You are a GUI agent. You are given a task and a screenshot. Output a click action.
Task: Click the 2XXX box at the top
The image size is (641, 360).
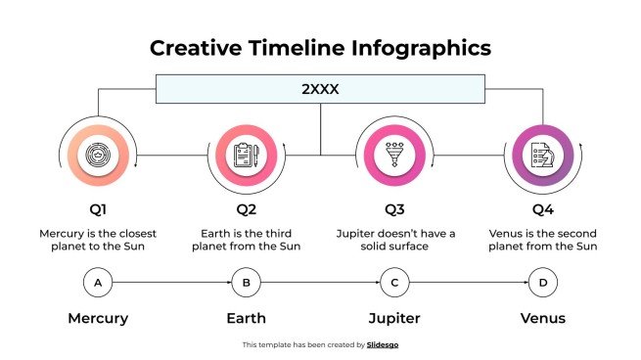pos(320,88)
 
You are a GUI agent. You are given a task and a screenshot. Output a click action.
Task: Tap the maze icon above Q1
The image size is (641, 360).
pos(98,156)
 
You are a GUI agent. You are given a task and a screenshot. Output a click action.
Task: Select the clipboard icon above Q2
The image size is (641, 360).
pos(246,156)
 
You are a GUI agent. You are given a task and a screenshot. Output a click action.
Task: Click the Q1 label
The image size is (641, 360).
pos(98,209)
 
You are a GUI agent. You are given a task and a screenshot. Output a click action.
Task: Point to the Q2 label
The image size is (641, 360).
pos(246,209)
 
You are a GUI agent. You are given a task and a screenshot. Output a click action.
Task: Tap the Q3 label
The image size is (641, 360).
pos(393,209)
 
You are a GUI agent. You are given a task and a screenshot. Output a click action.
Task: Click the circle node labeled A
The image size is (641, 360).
pos(98,284)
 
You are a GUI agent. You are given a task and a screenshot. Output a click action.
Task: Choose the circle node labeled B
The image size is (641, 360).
pos(246,284)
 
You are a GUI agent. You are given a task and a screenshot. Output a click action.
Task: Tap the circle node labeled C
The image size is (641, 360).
pos(393,284)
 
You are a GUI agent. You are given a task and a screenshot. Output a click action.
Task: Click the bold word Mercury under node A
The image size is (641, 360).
pos(98,318)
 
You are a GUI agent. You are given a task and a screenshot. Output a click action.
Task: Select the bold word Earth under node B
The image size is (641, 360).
pos(246,318)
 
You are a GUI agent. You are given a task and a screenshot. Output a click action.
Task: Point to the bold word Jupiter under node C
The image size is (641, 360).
pos(393,318)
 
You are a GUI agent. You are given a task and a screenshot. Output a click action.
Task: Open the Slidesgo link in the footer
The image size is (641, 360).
pos(383,344)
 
